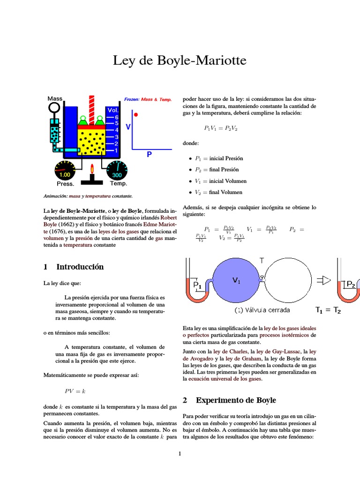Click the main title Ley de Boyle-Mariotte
point(180,61)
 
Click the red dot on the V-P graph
point(136,114)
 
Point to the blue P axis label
point(149,154)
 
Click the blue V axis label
point(128,127)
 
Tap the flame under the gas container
point(92,168)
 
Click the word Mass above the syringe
point(55,98)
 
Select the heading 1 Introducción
point(74,267)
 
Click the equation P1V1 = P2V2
point(221,128)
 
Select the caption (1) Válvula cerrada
point(262,310)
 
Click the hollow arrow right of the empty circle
point(324,280)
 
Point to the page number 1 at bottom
point(180,454)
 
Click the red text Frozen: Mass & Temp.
point(148,99)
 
